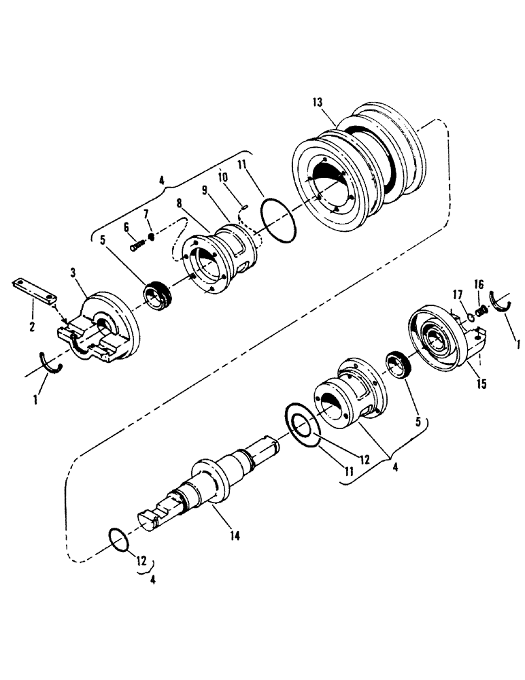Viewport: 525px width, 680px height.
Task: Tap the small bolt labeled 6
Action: click(x=137, y=243)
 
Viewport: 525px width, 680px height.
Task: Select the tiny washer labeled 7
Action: click(x=152, y=237)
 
